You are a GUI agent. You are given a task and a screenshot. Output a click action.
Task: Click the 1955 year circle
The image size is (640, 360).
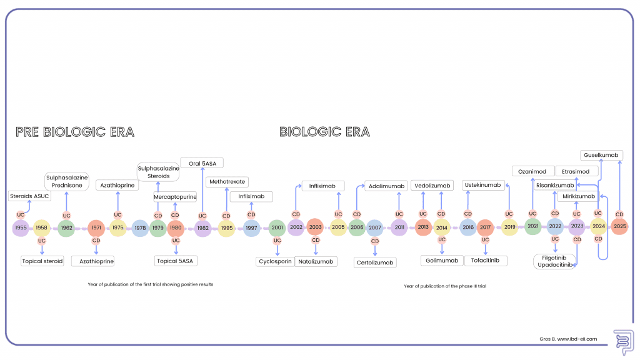pyautogui.click(x=21, y=227)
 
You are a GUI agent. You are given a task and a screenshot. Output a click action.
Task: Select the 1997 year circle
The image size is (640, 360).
pyautogui.click(x=251, y=227)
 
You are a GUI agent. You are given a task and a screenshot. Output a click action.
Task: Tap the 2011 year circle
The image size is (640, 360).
pyautogui.click(x=399, y=227)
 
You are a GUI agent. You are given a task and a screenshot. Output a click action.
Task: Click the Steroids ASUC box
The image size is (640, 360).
pyautogui.click(x=29, y=196)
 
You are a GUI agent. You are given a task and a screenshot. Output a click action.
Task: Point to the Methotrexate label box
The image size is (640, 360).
pyautogui.click(x=226, y=182)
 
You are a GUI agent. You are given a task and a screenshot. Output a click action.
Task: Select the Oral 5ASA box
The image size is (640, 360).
pyautogui.click(x=202, y=163)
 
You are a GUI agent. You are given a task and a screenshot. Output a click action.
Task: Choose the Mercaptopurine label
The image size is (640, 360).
pyautogui.click(x=176, y=197)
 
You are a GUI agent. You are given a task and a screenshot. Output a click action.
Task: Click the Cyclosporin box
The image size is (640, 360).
pyautogui.click(x=275, y=261)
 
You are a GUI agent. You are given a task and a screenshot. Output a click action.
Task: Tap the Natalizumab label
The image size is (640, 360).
pyautogui.click(x=316, y=261)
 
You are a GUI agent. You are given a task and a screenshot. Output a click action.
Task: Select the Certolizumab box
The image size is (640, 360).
pyautogui.click(x=375, y=262)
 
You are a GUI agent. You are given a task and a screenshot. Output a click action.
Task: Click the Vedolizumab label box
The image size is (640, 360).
pyautogui.click(x=432, y=186)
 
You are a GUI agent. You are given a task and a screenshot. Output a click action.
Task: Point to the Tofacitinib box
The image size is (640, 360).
pyautogui.click(x=486, y=260)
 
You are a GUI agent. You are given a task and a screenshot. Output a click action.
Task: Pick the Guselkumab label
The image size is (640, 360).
pyautogui.click(x=602, y=155)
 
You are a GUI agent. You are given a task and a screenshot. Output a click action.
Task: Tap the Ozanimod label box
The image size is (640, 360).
pyautogui.click(x=533, y=171)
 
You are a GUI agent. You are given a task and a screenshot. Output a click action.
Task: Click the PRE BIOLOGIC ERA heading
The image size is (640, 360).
pyautogui.click(x=75, y=132)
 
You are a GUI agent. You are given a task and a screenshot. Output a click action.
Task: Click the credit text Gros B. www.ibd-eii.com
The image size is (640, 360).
pyautogui.click(x=569, y=339)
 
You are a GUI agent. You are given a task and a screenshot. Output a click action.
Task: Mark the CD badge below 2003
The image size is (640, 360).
pyautogui.click(x=316, y=240)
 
